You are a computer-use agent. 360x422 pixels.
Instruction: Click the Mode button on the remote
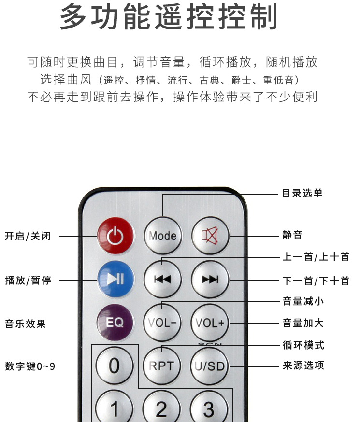[162, 236]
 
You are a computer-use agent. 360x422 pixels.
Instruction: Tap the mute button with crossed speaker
[210, 236]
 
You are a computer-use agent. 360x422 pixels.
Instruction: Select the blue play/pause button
[115, 279]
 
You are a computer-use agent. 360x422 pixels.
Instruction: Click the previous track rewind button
[162, 279]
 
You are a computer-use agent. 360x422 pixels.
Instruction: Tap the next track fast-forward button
[210, 279]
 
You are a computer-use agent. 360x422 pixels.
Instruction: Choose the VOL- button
[162, 323]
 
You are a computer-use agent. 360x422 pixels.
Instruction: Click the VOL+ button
[210, 323]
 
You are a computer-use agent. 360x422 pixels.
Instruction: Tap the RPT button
[161, 366]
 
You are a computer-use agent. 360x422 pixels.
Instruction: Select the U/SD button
[210, 366]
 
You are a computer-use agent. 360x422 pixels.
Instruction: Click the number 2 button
[161, 408]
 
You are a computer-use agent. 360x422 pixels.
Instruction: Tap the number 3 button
[209, 408]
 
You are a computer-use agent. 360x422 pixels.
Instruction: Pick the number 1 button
[115, 408]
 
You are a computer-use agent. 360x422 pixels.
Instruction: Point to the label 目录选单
[302, 194]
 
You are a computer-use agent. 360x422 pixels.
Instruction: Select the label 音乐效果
[26, 324]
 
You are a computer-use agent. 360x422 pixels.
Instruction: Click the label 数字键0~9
[30, 366]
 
